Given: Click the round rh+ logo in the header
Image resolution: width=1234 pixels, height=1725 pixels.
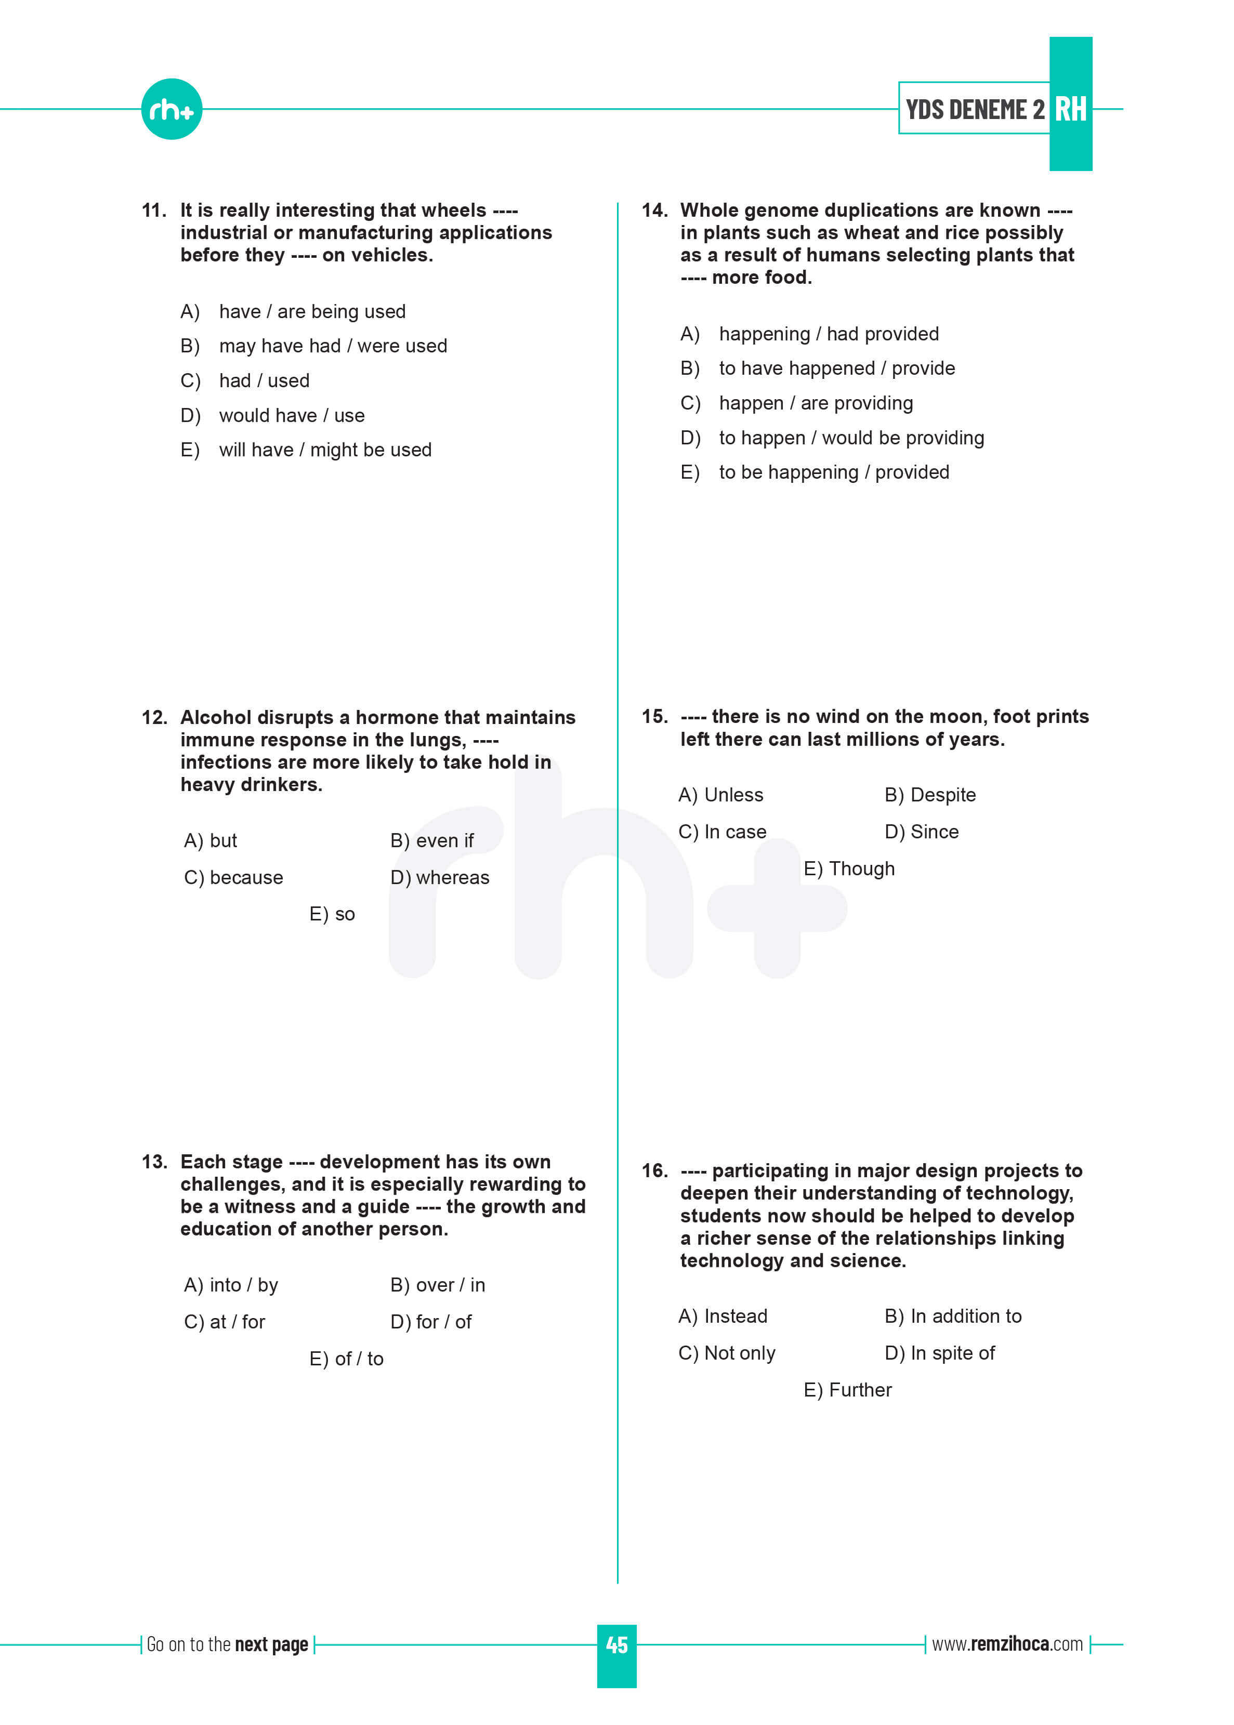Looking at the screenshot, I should (171, 109).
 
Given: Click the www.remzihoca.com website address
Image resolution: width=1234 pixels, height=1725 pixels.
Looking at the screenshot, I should (1007, 1644).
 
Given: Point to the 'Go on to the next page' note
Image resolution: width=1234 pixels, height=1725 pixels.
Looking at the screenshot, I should (227, 1644).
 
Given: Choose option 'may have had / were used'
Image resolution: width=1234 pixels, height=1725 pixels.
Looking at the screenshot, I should (332, 346).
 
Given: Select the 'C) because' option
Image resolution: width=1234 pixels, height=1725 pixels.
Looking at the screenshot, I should (233, 877).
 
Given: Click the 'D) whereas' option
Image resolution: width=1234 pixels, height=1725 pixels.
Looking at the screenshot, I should (439, 877).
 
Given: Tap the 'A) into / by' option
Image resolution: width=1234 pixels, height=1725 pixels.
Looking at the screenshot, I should (231, 1285).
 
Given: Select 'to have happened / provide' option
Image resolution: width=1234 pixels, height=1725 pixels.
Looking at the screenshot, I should (836, 368).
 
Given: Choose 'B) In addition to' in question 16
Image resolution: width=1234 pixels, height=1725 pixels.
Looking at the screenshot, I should (953, 1316).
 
